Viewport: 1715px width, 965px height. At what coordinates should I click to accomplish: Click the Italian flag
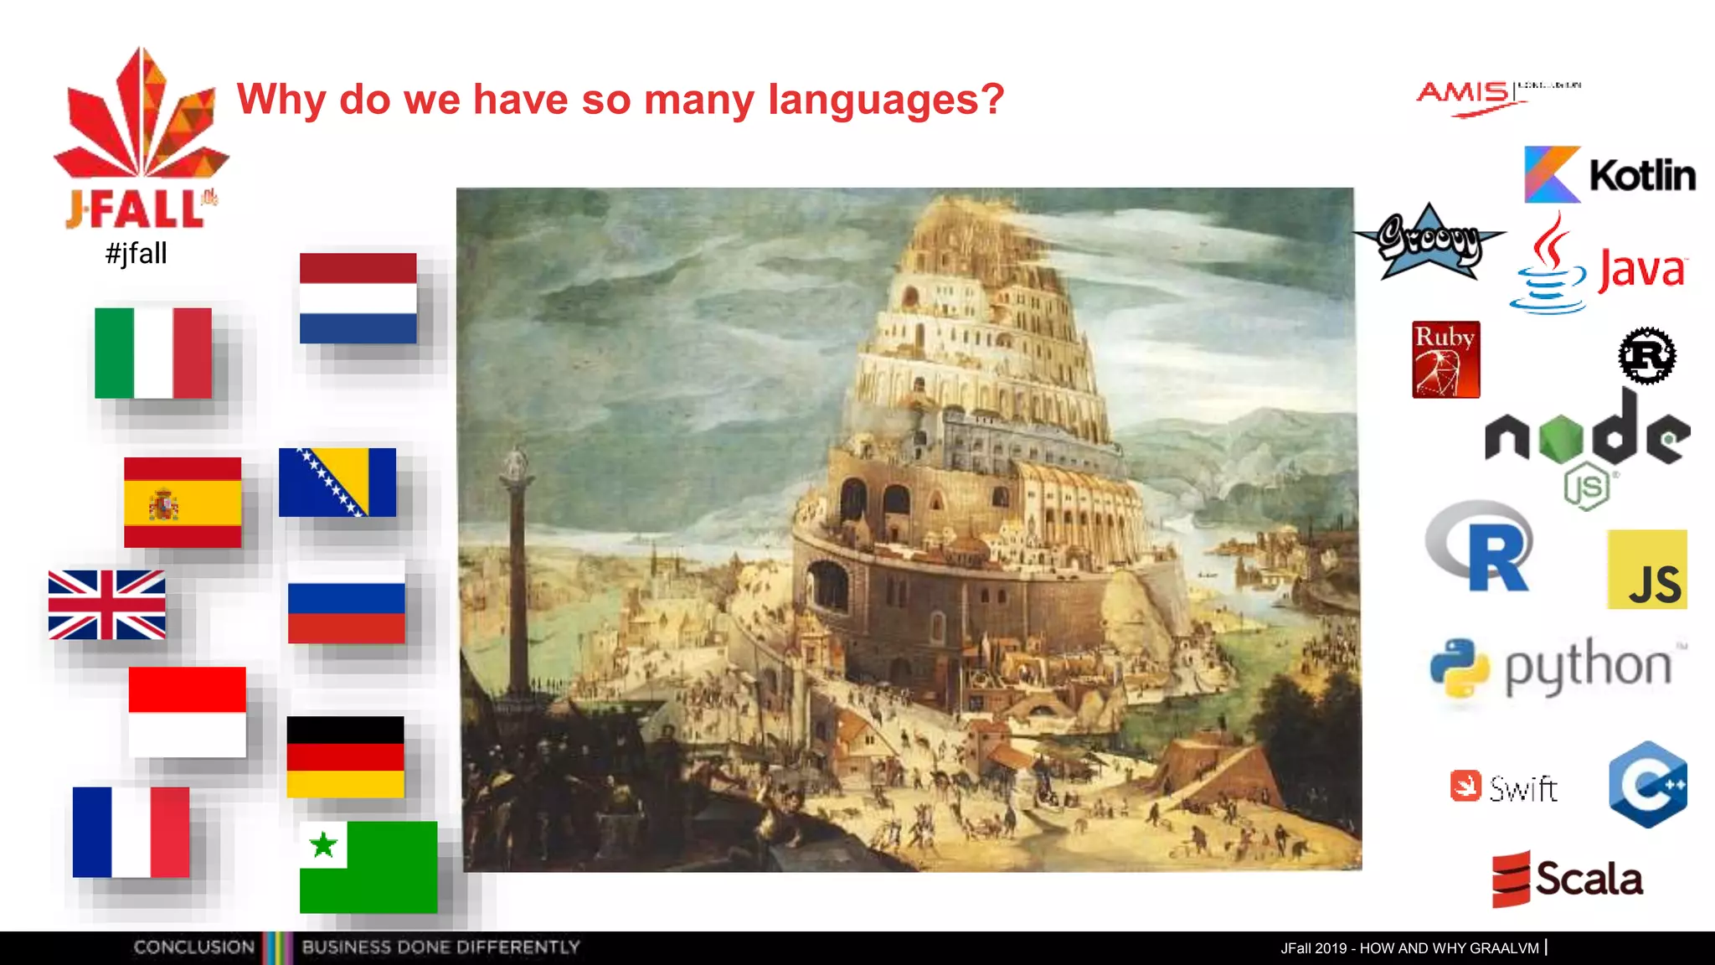[x=153, y=353]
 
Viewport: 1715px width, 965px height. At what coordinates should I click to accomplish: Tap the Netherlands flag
[x=358, y=298]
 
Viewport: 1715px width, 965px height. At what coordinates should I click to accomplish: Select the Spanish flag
[x=183, y=503]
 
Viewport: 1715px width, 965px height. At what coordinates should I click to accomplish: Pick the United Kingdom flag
[x=106, y=605]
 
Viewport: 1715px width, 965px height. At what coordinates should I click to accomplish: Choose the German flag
[x=345, y=756]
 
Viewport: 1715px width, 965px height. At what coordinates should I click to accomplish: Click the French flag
[x=131, y=832]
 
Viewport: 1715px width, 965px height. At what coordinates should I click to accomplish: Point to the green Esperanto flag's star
[x=323, y=844]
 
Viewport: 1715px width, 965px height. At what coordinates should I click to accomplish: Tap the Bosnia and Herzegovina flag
[x=337, y=482]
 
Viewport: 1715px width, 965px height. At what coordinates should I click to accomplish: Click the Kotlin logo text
[x=1642, y=176]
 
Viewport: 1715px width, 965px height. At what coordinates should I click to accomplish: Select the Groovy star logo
[x=1429, y=241]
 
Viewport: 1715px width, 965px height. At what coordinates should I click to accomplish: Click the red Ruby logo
[x=1445, y=359]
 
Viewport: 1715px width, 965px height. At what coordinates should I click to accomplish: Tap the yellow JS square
[x=1646, y=570]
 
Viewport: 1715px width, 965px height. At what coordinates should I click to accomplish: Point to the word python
[x=1588, y=667]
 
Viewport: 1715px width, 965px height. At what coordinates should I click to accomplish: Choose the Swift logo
[x=1504, y=787]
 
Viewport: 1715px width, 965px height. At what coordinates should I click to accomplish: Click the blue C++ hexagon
[x=1647, y=785]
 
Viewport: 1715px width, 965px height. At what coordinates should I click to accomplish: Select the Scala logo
[x=1568, y=880]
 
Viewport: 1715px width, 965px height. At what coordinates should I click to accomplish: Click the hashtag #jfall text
[x=136, y=253]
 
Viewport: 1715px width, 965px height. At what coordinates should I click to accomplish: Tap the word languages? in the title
[x=886, y=100]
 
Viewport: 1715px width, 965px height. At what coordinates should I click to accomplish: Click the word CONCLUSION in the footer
[x=193, y=947]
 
